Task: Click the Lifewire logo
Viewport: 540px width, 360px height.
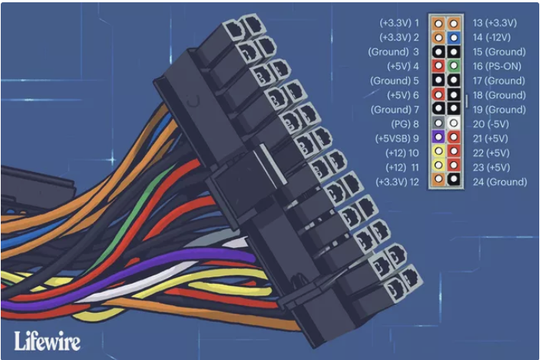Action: (47, 341)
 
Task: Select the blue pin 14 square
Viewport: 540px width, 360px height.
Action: (454, 37)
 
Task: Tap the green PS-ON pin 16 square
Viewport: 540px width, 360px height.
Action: (454, 65)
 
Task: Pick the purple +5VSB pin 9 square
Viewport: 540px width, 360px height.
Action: (439, 137)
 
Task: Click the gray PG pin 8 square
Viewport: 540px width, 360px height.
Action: (439, 123)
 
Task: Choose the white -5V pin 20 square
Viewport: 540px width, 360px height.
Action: (454, 123)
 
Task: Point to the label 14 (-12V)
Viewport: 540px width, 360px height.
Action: (491, 37)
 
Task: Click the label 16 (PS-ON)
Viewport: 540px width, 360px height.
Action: (497, 66)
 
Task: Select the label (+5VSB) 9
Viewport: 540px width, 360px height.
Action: (397, 139)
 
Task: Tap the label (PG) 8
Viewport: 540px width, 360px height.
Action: (405, 124)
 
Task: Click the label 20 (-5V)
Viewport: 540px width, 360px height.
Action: (490, 124)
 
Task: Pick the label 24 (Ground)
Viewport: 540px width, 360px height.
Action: (500, 182)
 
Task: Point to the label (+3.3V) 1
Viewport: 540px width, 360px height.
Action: (399, 23)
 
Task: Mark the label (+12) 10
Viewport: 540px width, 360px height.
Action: (402, 153)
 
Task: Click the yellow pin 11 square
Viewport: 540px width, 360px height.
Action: (439, 166)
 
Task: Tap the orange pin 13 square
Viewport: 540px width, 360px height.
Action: (454, 24)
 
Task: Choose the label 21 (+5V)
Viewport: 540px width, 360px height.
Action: (490, 139)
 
